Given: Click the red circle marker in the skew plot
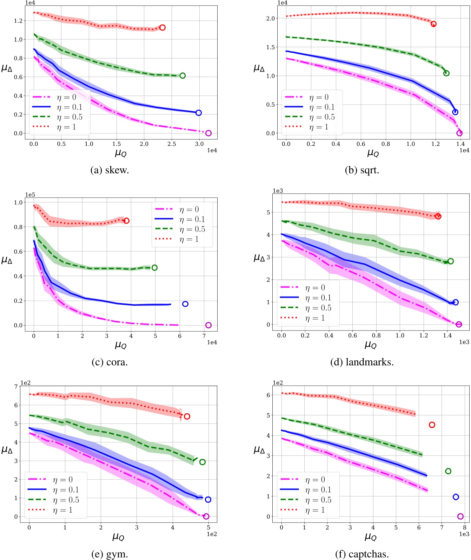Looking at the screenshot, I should [x=162, y=28].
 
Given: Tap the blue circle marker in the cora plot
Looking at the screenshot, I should [x=185, y=304].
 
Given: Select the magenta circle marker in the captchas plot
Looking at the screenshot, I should [x=460, y=516].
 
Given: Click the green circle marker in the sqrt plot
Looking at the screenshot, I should [x=446, y=73].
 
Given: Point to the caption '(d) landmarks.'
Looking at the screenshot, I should [x=362, y=362].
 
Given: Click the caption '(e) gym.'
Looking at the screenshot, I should [x=110, y=554].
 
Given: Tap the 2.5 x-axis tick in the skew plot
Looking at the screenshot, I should [x=172, y=144].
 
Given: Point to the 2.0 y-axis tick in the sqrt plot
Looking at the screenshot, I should [x=271, y=18].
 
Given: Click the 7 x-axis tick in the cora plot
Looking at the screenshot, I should [x=204, y=336].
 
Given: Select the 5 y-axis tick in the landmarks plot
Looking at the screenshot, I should [x=268, y=212].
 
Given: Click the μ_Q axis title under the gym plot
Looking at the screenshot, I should [x=118, y=537].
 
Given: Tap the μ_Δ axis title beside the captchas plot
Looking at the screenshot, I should [x=259, y=449].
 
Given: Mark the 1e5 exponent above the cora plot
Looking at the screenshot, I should [x=30, y=195].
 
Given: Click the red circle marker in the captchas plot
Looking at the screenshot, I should [x=432, y=425].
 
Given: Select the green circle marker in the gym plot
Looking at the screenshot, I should [x=202, y=462].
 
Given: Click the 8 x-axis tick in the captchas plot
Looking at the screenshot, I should [x=464, y=527].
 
